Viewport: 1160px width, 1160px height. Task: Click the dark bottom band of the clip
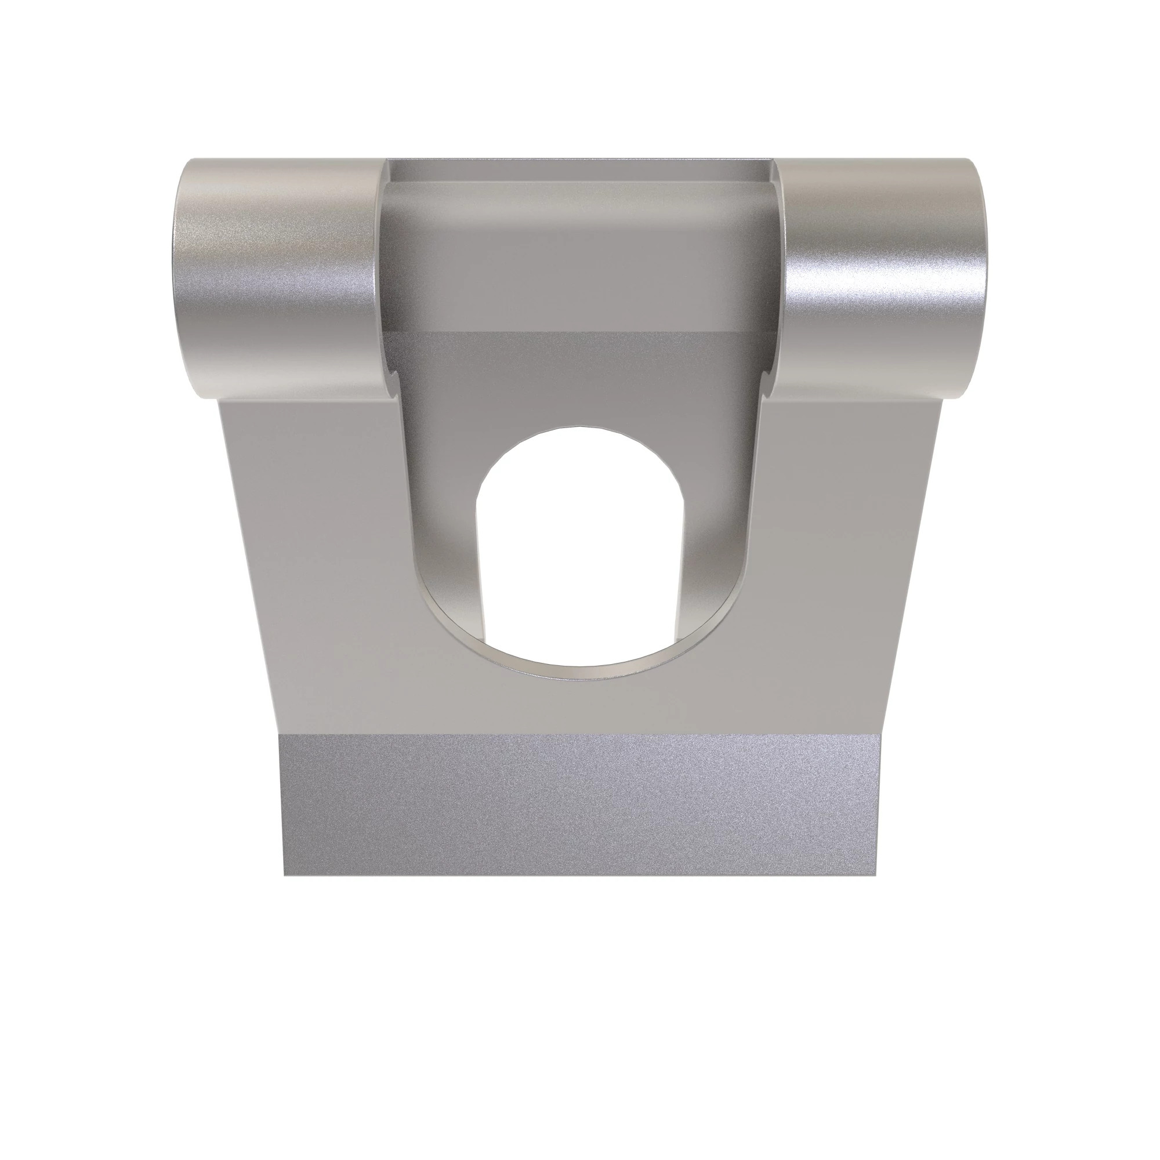pos(580,804)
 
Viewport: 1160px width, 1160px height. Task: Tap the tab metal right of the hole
pos(715,541)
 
